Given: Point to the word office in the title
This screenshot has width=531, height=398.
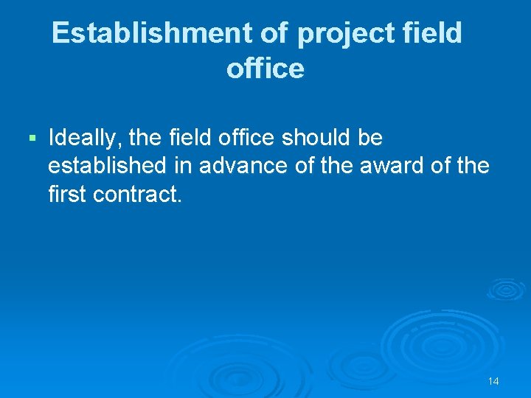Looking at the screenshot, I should [x=265, y=69].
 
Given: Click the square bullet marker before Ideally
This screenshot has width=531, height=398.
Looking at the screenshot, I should [x=30, y=138].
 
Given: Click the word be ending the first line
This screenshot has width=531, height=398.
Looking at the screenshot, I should [x=371, y=138].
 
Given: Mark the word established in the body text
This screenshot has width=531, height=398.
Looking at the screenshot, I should [x=107, y=166].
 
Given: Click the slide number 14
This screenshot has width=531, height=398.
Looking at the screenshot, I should [x=493, y=381].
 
